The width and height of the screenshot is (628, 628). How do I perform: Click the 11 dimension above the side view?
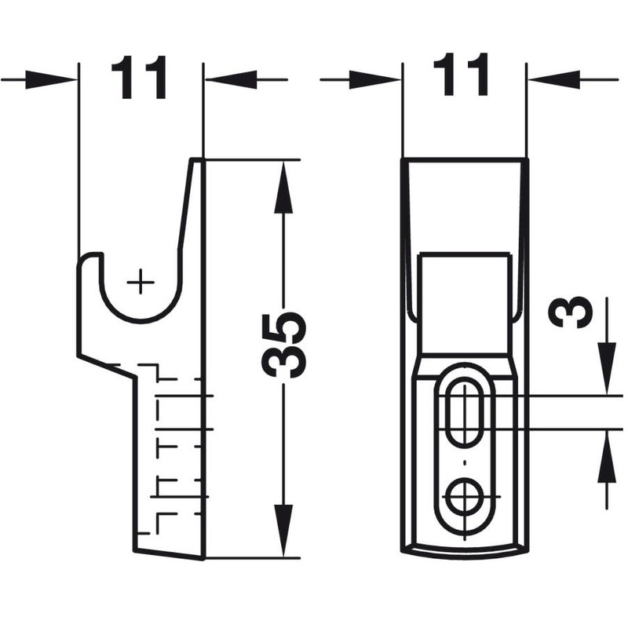point(140,77)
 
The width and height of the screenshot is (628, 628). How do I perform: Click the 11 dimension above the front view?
point(464,77)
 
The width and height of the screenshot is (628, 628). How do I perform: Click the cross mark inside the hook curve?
point(141,280)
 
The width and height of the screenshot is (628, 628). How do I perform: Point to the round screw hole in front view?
point(464,495)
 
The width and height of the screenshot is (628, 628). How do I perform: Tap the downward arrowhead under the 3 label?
point(606,369)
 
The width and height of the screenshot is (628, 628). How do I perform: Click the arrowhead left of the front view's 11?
point(374,78)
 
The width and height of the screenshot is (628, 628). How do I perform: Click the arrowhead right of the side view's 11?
point(231,78)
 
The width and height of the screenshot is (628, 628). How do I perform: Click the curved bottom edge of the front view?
point(464,549)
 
